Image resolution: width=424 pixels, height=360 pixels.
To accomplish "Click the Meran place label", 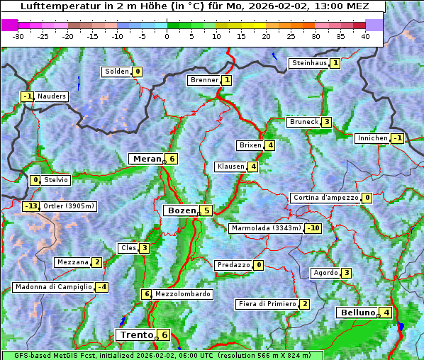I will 146,159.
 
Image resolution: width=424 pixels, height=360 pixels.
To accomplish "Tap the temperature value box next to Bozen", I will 206,210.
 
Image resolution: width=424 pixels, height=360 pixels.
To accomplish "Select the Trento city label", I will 137,335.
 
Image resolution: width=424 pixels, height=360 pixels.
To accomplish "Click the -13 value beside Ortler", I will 31,206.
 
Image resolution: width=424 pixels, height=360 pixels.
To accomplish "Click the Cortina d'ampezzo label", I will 325,198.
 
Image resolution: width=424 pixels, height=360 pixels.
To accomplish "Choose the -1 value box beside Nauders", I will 28,96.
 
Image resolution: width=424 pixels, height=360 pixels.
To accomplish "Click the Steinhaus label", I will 309,63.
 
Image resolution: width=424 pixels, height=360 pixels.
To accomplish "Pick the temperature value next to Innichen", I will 397,138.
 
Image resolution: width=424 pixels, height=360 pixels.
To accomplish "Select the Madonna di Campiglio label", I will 53,287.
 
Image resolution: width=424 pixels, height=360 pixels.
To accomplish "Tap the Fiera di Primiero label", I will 267,304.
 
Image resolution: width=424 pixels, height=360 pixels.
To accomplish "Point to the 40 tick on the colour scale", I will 365,35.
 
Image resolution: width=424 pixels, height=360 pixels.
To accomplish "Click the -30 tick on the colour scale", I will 18,35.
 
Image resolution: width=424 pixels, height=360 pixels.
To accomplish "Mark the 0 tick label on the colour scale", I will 167,35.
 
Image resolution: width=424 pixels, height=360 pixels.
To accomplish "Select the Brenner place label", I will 204,80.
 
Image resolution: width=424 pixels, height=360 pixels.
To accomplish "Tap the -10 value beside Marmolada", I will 313,228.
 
